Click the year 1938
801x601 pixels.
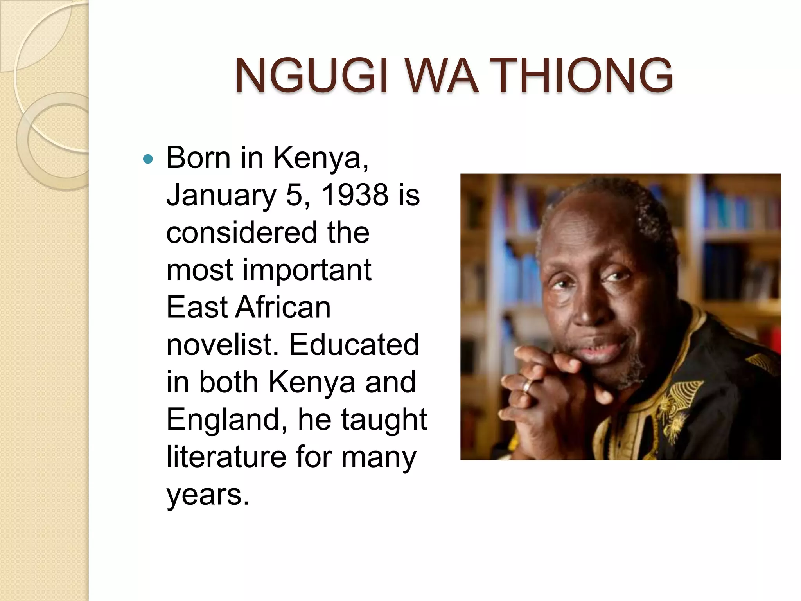coord(354,195)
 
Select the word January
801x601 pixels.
coord(221,196)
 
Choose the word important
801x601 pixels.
coord(307,270)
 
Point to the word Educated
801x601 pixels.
coord(354,344)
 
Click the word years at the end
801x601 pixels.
coord(207,495)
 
